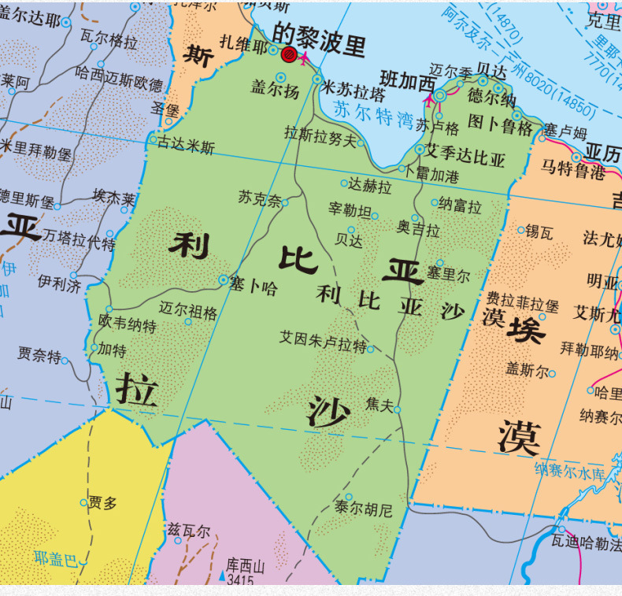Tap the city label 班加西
(407, 80)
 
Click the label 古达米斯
(186, 146)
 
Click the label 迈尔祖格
(187, 311)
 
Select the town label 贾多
(102, 502)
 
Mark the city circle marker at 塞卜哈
(224, 279)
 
